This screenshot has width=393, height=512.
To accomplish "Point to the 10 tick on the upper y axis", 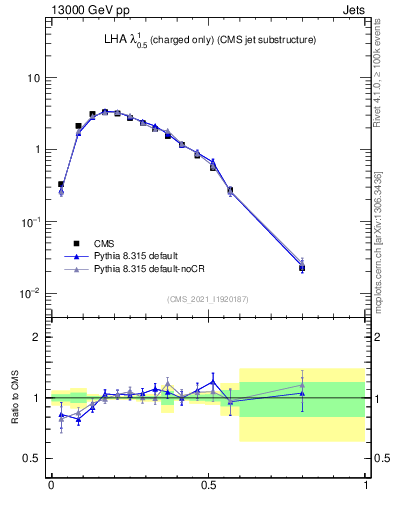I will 37,78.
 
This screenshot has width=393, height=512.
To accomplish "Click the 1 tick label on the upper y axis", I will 40,150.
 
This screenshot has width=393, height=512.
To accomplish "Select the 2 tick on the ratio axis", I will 40,338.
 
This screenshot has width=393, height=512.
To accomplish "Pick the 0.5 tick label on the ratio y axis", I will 35,458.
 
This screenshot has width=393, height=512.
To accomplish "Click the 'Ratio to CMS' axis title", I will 15,398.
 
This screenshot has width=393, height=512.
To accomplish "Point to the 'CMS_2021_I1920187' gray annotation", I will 207,298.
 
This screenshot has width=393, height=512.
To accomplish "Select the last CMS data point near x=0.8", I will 302,268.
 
